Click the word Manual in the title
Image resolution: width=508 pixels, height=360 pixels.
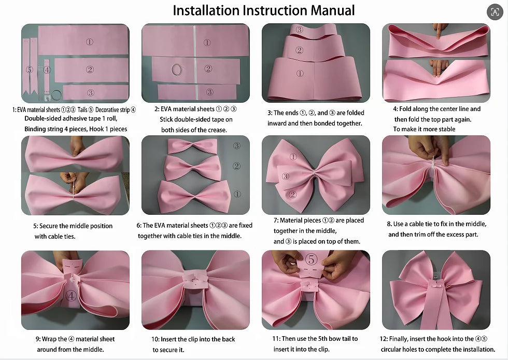(x=332, y=10)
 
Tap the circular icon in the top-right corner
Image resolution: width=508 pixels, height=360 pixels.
(x=495, y=12)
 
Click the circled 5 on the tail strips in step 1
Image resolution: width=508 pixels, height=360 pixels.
(x=30, y=70)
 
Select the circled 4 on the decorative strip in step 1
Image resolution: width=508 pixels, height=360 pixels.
(x=47, y=70)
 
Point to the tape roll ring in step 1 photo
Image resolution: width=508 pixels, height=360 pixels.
(x=52, y=95)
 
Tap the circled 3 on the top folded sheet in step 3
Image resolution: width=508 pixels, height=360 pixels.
(x=300, y=30)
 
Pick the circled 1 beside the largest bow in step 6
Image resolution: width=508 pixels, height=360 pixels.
(x=237, y=195)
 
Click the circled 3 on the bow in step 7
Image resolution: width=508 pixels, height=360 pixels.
(x=286, y=176)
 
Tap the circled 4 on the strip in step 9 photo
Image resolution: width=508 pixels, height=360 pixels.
(x=72, y=296)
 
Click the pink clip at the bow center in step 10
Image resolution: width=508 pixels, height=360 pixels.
(x=196, y=280)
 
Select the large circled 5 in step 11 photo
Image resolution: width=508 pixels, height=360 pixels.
(x=312, y=259)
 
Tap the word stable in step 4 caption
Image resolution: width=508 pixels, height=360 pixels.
(x=446, y=129)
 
